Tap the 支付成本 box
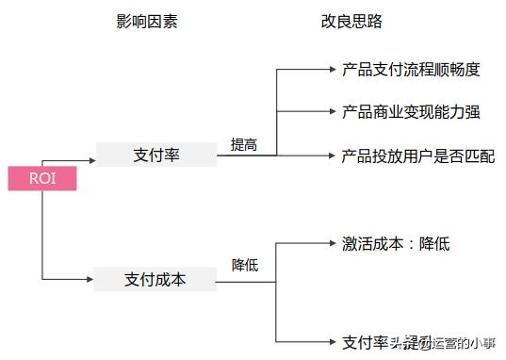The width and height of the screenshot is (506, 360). click(155, 279)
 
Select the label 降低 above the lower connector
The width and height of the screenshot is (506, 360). click(245, 266)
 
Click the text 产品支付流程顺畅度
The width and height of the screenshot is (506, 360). click(411, 69)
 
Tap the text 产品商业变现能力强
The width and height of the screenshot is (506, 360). click(411, 112)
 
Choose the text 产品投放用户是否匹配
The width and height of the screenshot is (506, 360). click(417, 155)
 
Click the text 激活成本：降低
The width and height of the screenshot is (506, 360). click(396, 243)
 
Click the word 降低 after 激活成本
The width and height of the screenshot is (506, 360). click(434, 243)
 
